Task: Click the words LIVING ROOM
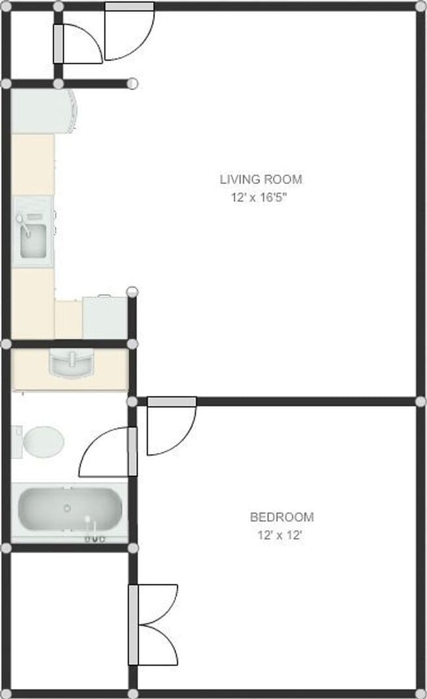[261, 179]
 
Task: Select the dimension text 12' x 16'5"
[259, 197]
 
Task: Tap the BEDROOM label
[281, 517]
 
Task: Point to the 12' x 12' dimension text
[279, 535]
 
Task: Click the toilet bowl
[44, 441]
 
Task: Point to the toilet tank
[16, 441]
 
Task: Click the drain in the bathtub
[67, 508]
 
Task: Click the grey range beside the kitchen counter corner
[104, 317]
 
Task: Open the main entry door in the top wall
[129, 33]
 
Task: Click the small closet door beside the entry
[79, 43]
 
